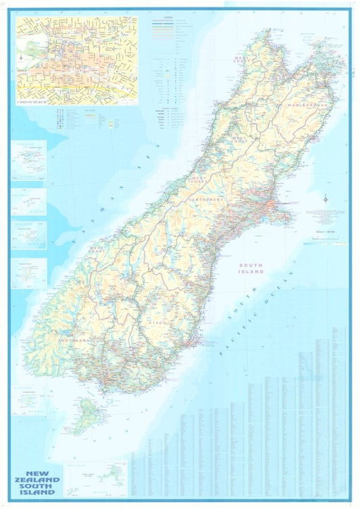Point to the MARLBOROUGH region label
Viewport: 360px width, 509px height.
307,106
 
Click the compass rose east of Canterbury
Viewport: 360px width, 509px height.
326,199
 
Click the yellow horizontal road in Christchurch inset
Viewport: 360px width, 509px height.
74,87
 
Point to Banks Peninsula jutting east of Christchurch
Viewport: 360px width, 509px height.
284,216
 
